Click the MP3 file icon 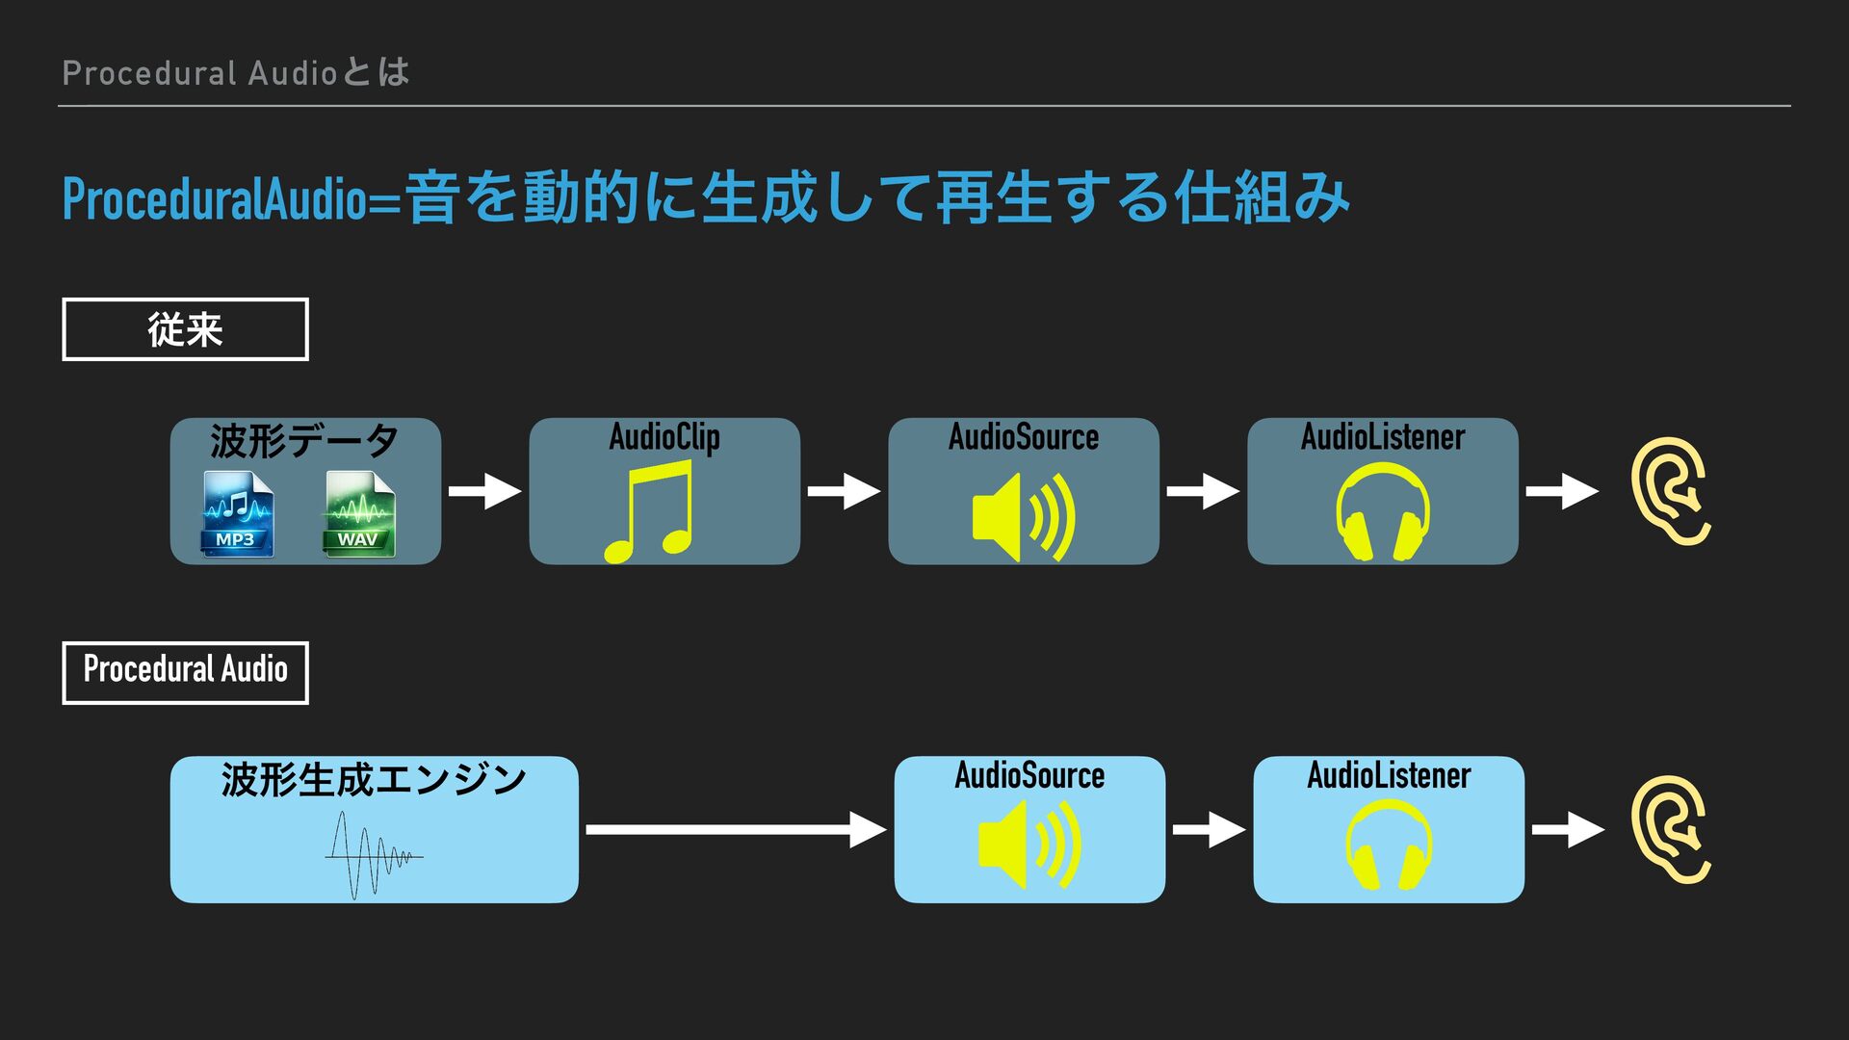pyautogui.click(x=237, y=513)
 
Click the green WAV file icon pyautogui.click(x=359, y=513)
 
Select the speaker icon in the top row pyautogui.click(x=1023, y=517)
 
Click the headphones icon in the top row pyautogui.click(x=1382, y=511)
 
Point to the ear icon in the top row pyautogui.click(x=1670, y=491)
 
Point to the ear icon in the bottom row pyautogui.click(x=1670, y=829)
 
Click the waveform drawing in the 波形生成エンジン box pyautogui.click(x=373, y=854)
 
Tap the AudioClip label pyautogui.click(x=664, y=437)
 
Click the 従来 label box pyautogui.click(x=185, y=329)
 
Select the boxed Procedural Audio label pyautogui.click(x=185, y=672)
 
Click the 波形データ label pyautogui.click(x=304, y=441)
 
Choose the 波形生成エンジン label pyautogui.click(x=374, y=779)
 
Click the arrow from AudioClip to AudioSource pyautogui.click(x=844, y=491)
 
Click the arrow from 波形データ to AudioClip pyautogui.click(x=484, y=491)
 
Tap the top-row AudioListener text pyautogui.click(x=1382, y=437)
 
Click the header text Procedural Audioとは pyautogui.click(x=236, y=72)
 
